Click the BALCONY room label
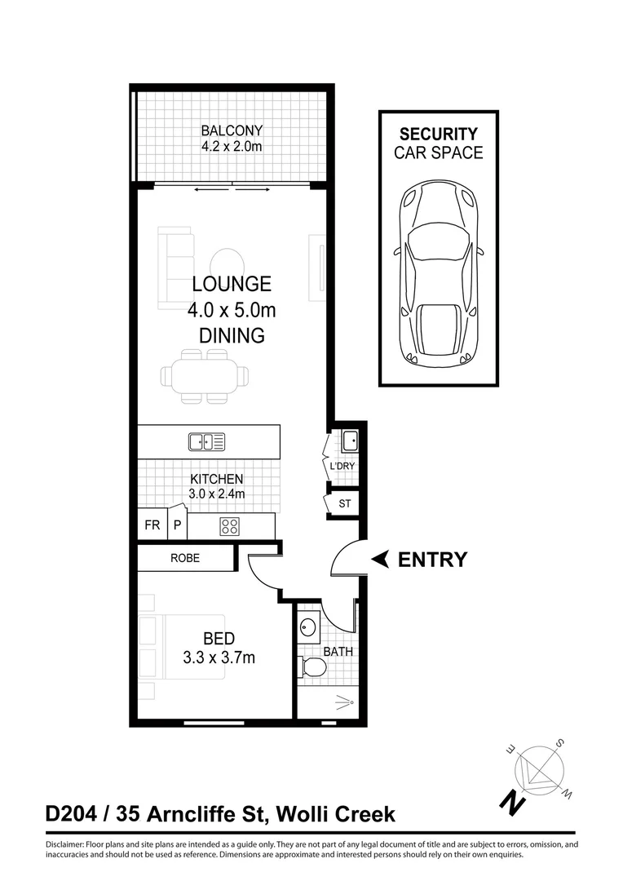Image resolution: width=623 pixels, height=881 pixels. coord(232,131)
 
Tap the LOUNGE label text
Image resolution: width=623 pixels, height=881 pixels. coord(232,284)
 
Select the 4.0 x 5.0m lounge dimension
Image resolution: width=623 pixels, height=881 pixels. coord(232,310)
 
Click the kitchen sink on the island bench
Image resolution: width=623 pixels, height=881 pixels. coord(206,442)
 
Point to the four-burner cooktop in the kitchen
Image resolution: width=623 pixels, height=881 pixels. coord(229,526)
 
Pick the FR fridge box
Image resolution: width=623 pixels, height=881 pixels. coord(152,525)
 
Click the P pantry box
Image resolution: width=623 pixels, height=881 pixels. coord(177,525)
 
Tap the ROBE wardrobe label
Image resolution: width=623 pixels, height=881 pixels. coord(185,559)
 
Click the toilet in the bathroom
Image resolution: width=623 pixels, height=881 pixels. coord(313,668)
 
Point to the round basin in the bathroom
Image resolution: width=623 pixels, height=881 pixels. coord(309,628)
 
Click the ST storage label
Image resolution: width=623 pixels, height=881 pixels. coord(345,504)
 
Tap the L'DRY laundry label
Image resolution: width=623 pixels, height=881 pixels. coord(342,467)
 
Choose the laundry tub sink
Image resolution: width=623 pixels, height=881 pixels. coord(350,441)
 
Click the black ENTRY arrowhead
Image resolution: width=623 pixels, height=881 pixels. coord(380,560)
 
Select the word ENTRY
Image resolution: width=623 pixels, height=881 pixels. coord(432,560)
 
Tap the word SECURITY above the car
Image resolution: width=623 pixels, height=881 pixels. coord(438,134)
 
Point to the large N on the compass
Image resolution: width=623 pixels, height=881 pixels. coord(512,801)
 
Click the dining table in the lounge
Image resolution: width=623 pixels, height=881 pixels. coord(205,376)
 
